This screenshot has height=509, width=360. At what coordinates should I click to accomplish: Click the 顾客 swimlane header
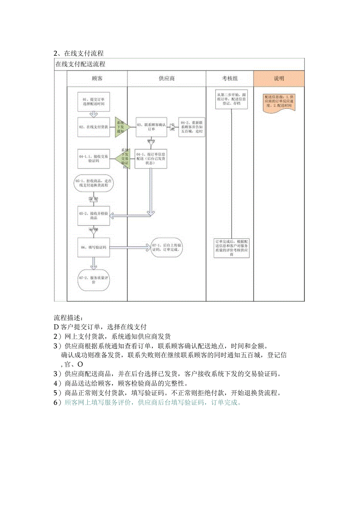tap(97, 78)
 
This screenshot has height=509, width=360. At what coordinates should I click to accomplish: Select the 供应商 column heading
tap(167, 78)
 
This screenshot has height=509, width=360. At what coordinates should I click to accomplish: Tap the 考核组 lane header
tap(230, 78)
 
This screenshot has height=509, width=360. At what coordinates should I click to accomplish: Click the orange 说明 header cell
tap(279, 78)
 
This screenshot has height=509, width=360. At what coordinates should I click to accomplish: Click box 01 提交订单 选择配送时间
tap(94, 102)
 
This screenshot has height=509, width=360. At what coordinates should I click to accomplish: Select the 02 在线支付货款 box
tap(94, 127)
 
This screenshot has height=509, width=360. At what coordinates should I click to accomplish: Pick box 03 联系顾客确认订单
tap(151, 127)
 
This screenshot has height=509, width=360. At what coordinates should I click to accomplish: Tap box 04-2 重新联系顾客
tap(192, 127)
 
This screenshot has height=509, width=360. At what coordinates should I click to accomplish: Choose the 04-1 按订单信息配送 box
tap(151, 158)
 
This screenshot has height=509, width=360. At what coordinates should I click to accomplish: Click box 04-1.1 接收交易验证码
tap(94, 159)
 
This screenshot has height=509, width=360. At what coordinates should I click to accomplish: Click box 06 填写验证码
tap(94, 247)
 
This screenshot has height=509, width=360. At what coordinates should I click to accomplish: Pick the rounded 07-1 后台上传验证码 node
tap(167, 247)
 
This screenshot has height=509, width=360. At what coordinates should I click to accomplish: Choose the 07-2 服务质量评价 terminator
tap(94, 280)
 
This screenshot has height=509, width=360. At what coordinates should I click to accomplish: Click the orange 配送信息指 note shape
tap(279, 102)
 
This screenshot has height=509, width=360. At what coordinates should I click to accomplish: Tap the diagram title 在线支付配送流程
tap(80, 64)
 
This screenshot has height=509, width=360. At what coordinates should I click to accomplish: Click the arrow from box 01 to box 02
tap(94, 114)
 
